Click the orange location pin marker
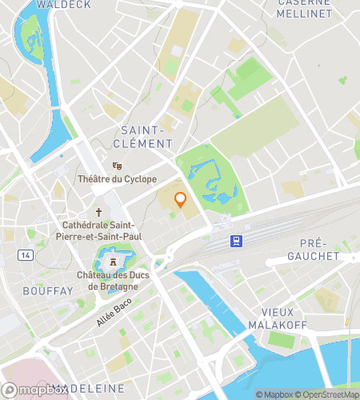coord(181,200)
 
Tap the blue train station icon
coord(237,240)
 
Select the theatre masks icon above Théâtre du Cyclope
coord(117,166)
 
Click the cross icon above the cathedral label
coord(99,212)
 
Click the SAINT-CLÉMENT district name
coord(146,136)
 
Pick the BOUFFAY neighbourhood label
coord(48,291)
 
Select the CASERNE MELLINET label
coord(304,8)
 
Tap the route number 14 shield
coord(26,254)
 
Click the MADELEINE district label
coord(88,388)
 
